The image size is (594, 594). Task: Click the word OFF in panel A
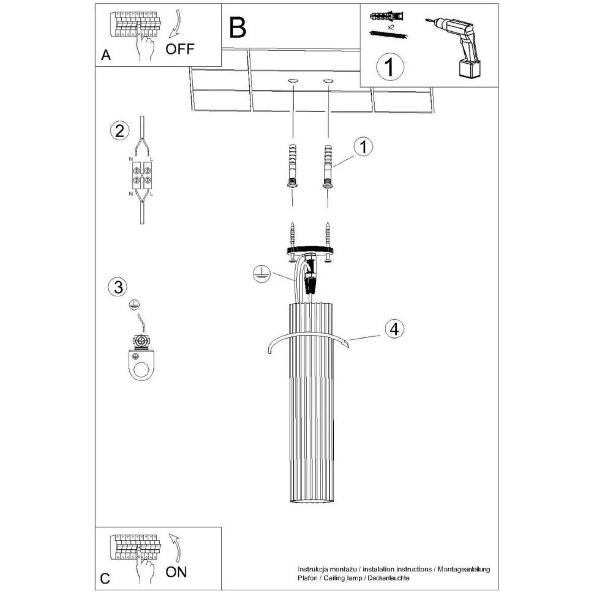(x=180, y=50)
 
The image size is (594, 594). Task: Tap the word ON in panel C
(x=176, y=572)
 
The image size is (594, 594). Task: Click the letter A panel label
(x=105, y=56)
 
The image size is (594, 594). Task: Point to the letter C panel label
(x=105, y=578)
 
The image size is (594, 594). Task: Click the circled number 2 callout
(x=119, y=130)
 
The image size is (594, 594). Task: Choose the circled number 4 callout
(x=394, y=329)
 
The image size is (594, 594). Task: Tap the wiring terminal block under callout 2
(x=141, y=174)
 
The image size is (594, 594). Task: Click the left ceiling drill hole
(x=293, y=81)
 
